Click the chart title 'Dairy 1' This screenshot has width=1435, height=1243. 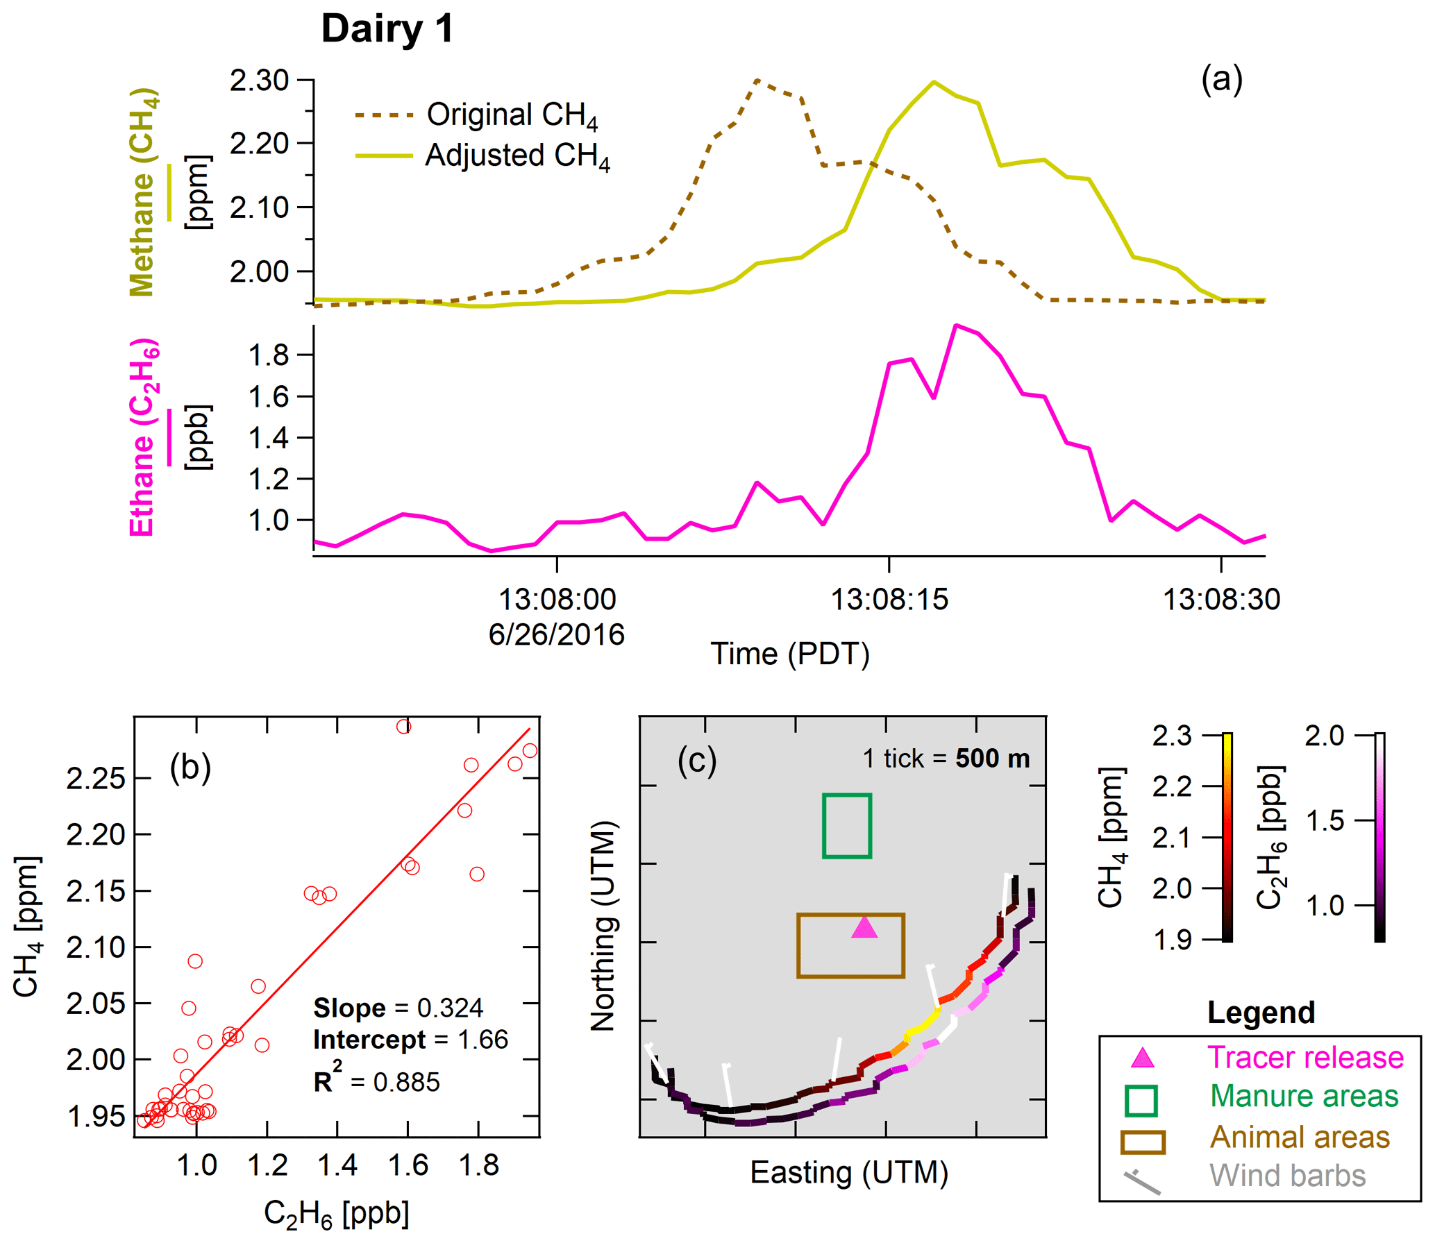[387, 29]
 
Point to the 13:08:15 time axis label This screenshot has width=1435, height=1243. [889, 600]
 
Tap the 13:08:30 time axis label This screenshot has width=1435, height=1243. [1220, 600]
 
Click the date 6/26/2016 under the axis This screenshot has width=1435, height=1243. [556, 634]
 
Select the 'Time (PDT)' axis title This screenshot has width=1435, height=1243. [789, 654]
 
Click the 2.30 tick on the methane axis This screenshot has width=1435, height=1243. [259, 81]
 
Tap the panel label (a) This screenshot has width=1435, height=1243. [1221, 79]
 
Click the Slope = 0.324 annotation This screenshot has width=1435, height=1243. [398, 1008]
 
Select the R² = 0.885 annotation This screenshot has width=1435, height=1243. [376, 1081]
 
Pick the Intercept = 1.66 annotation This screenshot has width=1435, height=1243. [410, 1040]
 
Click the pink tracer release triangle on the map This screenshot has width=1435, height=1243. [864, 928]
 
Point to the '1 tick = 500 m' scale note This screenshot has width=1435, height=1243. [946, 759]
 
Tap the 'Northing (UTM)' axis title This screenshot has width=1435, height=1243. [603, 926]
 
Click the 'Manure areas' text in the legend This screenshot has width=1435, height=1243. [1304, 1096]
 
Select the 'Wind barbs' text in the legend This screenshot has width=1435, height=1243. [1287, 1176]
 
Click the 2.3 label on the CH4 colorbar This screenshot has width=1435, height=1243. [1172, 736]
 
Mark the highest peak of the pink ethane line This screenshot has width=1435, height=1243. [956, 325]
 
